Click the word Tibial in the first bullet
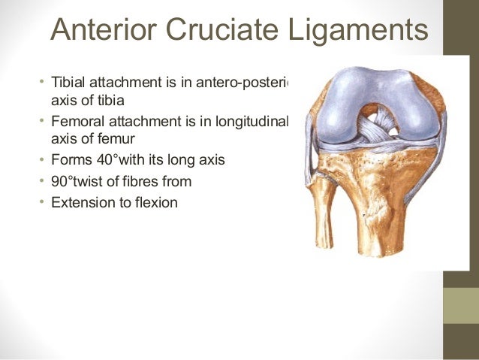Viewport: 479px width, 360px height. pos(68,81)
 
